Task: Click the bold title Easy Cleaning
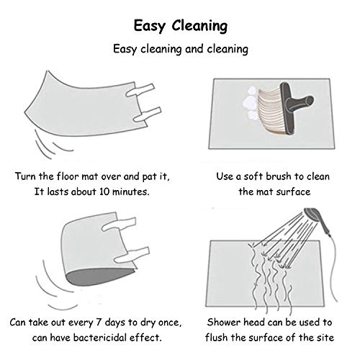(x=181, y=26)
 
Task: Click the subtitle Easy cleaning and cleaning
(x=181, y=49)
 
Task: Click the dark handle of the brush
(x=294, y=107)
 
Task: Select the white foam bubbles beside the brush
(x=250, y=104)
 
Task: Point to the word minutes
(x=131, y=192)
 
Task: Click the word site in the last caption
(x=325, y=338)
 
